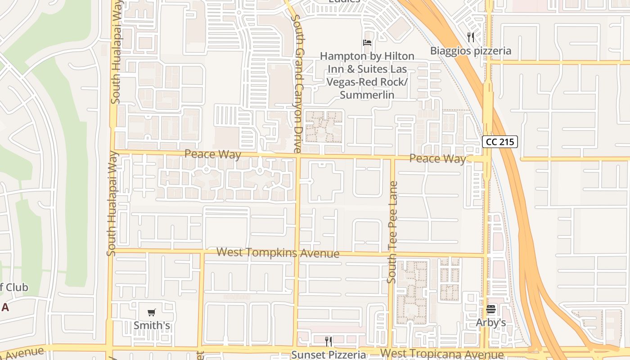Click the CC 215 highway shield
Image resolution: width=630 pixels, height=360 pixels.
pos(500,142)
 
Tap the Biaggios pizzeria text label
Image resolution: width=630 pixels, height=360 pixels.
pos(471,50)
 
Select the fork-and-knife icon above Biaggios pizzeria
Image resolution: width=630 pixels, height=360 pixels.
pos(471,37)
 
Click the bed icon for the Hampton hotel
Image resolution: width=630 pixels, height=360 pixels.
pos(367,43)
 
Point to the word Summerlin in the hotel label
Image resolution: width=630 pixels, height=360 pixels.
pos(367,95)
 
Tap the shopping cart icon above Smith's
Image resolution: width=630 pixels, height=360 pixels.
pos(152,312)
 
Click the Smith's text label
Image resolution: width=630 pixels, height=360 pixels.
pos(152,325)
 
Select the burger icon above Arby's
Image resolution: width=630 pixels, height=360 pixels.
pos(490,309)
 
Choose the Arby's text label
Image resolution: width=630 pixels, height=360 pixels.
pos(491,323)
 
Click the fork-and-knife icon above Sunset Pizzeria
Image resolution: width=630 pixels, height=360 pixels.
pos(328,342)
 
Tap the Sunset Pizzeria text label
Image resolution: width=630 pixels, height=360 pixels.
pos(328,355)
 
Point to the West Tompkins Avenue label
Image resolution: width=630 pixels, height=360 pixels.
pos(278,252)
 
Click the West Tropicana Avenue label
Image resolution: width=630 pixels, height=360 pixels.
pos(441,353)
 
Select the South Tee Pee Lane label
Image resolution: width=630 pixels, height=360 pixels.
pos(392,232)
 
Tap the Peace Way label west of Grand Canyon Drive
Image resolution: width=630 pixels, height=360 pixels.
pos(213,154)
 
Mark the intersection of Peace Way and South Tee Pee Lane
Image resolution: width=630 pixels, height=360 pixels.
pos(392,158)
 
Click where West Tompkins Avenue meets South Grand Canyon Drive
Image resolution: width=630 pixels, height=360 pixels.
pos(297,252)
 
